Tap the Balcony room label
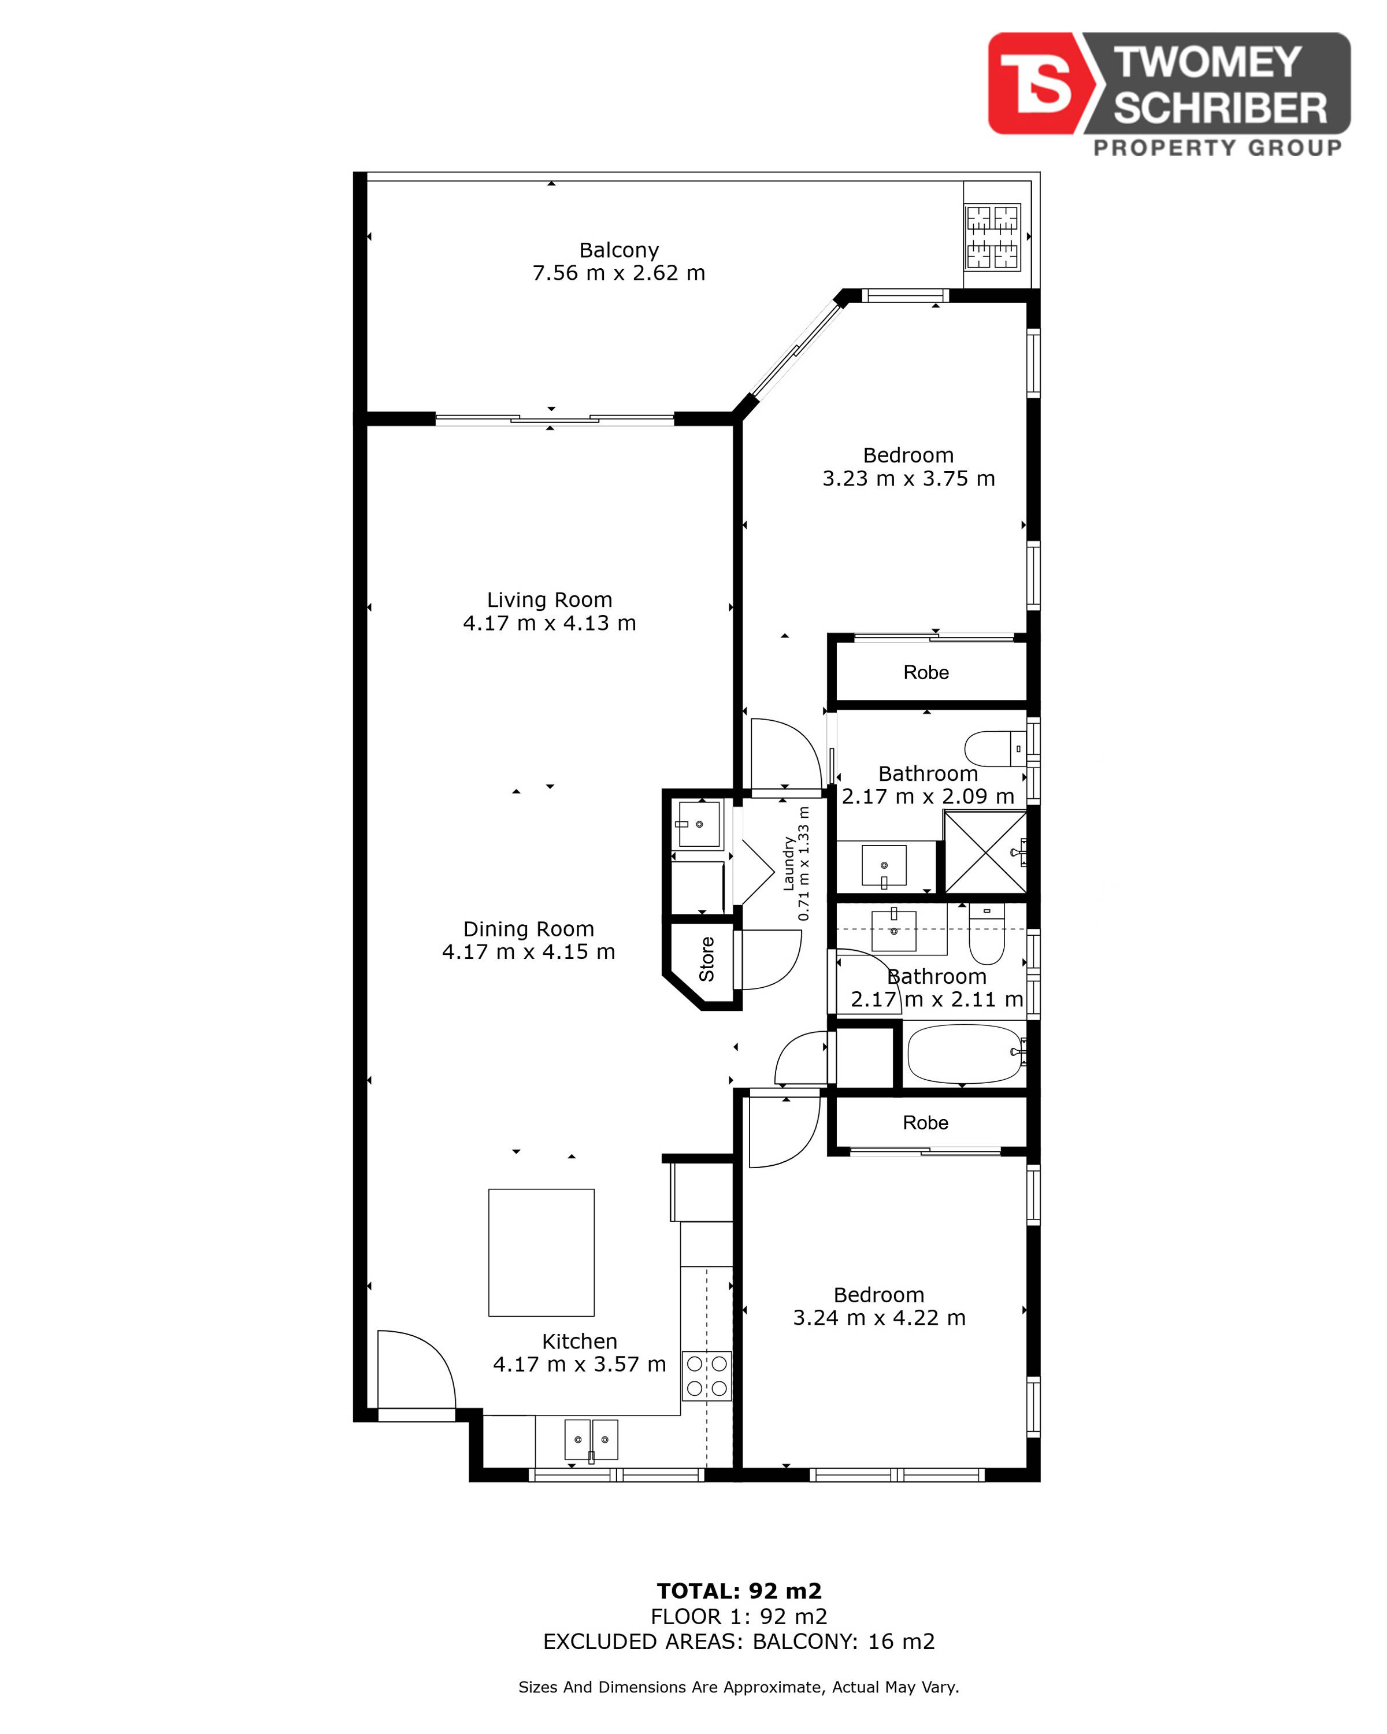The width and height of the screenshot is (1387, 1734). click(618, 250)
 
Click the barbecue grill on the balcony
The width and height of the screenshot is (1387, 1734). click(992, 237)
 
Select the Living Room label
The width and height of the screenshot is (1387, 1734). click(549, 600)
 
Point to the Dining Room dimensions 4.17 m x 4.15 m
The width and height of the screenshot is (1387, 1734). click(528, 951)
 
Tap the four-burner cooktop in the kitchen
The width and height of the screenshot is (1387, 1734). click(707, 1376)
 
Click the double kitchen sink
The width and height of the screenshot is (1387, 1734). click(591, 1440)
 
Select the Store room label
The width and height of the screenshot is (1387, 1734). click(707, 959)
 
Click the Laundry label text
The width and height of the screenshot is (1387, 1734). click(789, 864)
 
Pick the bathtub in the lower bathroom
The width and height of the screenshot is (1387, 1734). click(965, 1054)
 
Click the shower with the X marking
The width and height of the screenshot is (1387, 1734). click(985, 853)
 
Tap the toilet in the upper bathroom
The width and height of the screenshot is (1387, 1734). click(995, 749)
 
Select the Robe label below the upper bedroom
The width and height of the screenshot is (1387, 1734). click(925, 672)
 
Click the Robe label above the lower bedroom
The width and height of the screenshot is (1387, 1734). click(925, 1122)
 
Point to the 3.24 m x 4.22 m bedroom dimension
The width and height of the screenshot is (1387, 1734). click(879, 1317)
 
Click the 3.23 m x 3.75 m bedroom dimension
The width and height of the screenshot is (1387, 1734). click(908, 479)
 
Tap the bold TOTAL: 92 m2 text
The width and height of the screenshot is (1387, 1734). click(739, 1591)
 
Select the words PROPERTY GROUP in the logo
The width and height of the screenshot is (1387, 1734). click(1217, 147)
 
